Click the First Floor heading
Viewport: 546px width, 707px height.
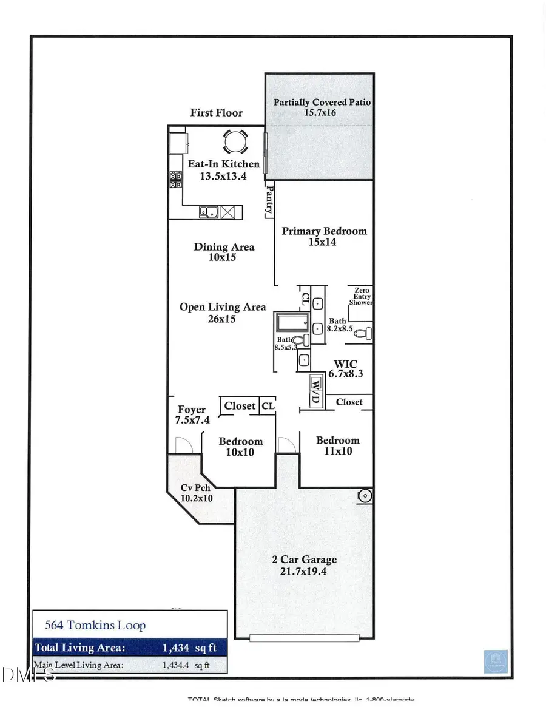(x=216, y=112)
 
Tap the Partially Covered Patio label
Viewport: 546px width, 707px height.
(x=322, y=107)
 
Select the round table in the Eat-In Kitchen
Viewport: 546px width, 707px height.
(x=235, y=142)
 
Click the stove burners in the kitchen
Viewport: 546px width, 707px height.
(x=176, y=178)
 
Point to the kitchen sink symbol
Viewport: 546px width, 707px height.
(x=209, y=212)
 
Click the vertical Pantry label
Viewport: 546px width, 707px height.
(x=269, y=201)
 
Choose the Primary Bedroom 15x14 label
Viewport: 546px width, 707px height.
(x=324, y=236)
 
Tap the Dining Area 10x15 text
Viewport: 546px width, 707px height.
(x=224, y=252)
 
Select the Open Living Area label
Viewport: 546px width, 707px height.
(x=223, y=313)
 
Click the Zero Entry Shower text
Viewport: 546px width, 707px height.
(x=360, y=297)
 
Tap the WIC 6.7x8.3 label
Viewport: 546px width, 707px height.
(x=345, y=369)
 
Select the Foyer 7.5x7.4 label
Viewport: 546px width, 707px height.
(x=191, y=414)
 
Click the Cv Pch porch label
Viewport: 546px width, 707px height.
(x=197, y=493)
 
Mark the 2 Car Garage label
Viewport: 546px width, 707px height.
(x=304, y=565)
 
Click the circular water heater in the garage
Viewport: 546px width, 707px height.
(x=365, y=496)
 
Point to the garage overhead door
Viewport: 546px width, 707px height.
(x=304, y=637)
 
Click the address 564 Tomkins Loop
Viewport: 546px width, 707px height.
(x=96, y=625)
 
